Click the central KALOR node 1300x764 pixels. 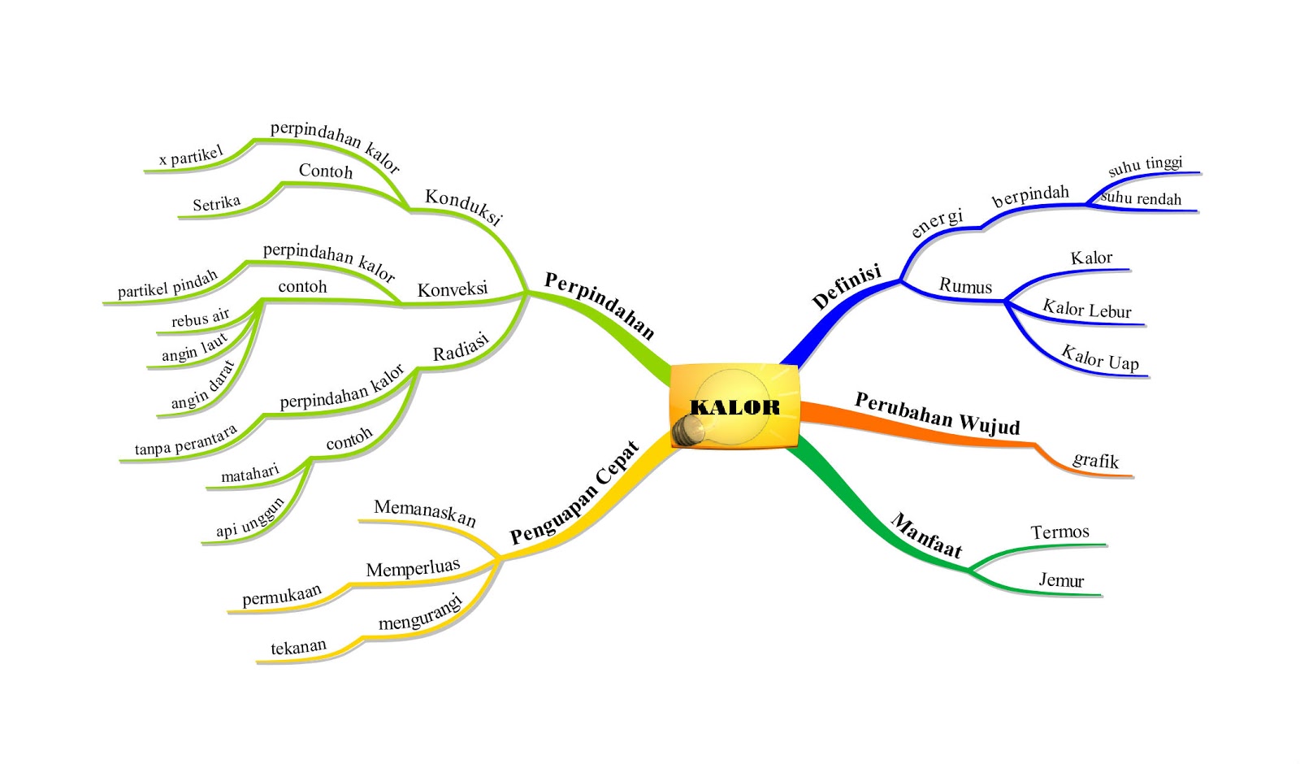[x=734, y=406]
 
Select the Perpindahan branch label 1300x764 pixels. [x=599, y=305]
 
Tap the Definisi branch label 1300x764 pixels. [x=847, y=286]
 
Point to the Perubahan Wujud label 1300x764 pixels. [x=937, y=414]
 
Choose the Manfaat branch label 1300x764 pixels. [x=926, y=536]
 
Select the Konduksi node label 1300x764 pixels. [x=463, y=206]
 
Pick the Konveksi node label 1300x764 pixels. [x=452, y=289]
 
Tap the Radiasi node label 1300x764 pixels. [x=461, y=347]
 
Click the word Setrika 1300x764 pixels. [x=216, y=203]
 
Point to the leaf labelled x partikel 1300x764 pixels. [x=191, y=155]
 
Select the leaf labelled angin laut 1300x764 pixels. [x=195, y=348]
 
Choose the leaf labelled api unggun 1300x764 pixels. [x=250, y=518]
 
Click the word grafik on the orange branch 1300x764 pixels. [x=1095, y=461]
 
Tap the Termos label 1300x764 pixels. [x=1059, y=532]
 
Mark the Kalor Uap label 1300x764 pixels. [x=1100, y=358]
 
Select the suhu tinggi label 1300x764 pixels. [x=1145, y=165]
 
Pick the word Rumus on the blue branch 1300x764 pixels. [x=965, y=286]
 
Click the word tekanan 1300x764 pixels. [x=298, y=648]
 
